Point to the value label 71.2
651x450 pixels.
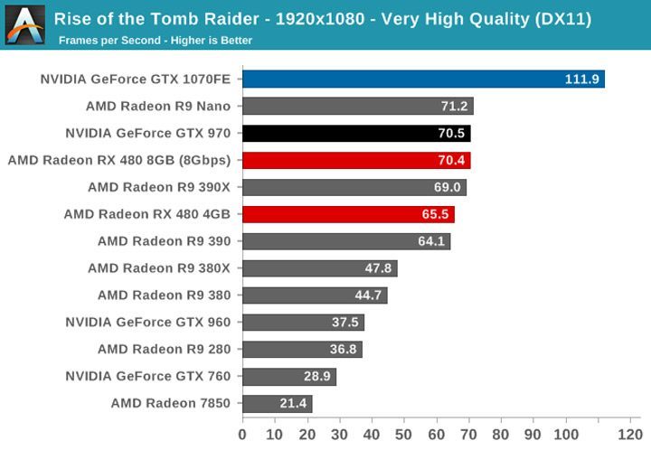pos(453,107)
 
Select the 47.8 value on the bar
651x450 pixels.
pos(377,268)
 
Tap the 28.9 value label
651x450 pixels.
pos(316,376)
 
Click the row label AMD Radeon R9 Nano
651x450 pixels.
pos(158,107)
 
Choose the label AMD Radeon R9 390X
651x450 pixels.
pos(159,187)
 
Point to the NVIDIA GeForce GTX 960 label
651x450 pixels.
pos(148,323)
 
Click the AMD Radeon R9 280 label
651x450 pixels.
pos(165,349)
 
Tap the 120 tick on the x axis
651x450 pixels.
pos(629,434)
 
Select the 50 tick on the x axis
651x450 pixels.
pos(404,434)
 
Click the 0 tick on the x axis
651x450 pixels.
pos(242,434)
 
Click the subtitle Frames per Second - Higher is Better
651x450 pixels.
pos(156,41)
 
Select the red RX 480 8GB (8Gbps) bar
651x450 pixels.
pos(356,161)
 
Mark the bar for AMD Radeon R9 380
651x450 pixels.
pos(315,295)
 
